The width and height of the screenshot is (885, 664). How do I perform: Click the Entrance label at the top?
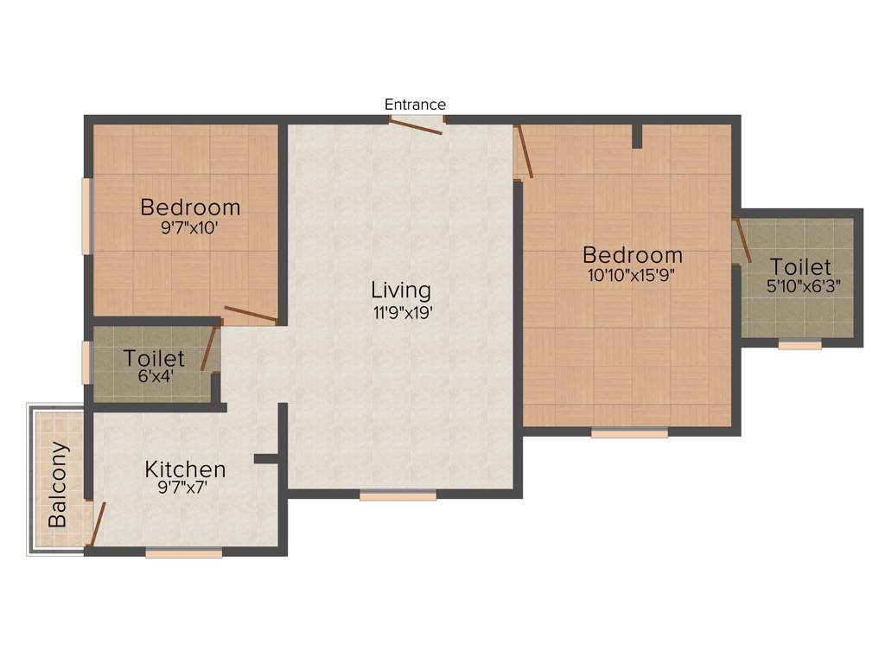(415, 105)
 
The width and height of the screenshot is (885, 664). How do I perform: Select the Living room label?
(401, 290)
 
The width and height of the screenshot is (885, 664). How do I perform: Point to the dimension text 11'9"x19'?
(402, 313)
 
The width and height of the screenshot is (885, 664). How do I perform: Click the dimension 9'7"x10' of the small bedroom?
(190, 229)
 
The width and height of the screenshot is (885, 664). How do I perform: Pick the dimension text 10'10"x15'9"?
(632, 277)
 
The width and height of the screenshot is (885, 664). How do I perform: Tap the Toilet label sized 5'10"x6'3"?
(800, 266)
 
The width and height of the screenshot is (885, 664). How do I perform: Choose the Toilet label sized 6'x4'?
(154, 358)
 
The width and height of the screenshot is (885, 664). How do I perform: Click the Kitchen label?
(185, 469)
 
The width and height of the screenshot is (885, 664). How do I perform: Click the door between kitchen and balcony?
(98, 525)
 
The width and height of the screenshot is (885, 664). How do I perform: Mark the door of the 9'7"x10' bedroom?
(251, 315)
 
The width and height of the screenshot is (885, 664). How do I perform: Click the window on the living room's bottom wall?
(398, 495)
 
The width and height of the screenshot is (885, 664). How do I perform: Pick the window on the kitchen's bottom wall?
(183, 553)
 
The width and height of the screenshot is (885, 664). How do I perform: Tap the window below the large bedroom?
(629, 433)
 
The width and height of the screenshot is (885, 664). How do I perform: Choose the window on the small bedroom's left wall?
(86, 216)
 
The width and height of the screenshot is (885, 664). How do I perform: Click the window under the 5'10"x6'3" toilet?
(799, 345)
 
